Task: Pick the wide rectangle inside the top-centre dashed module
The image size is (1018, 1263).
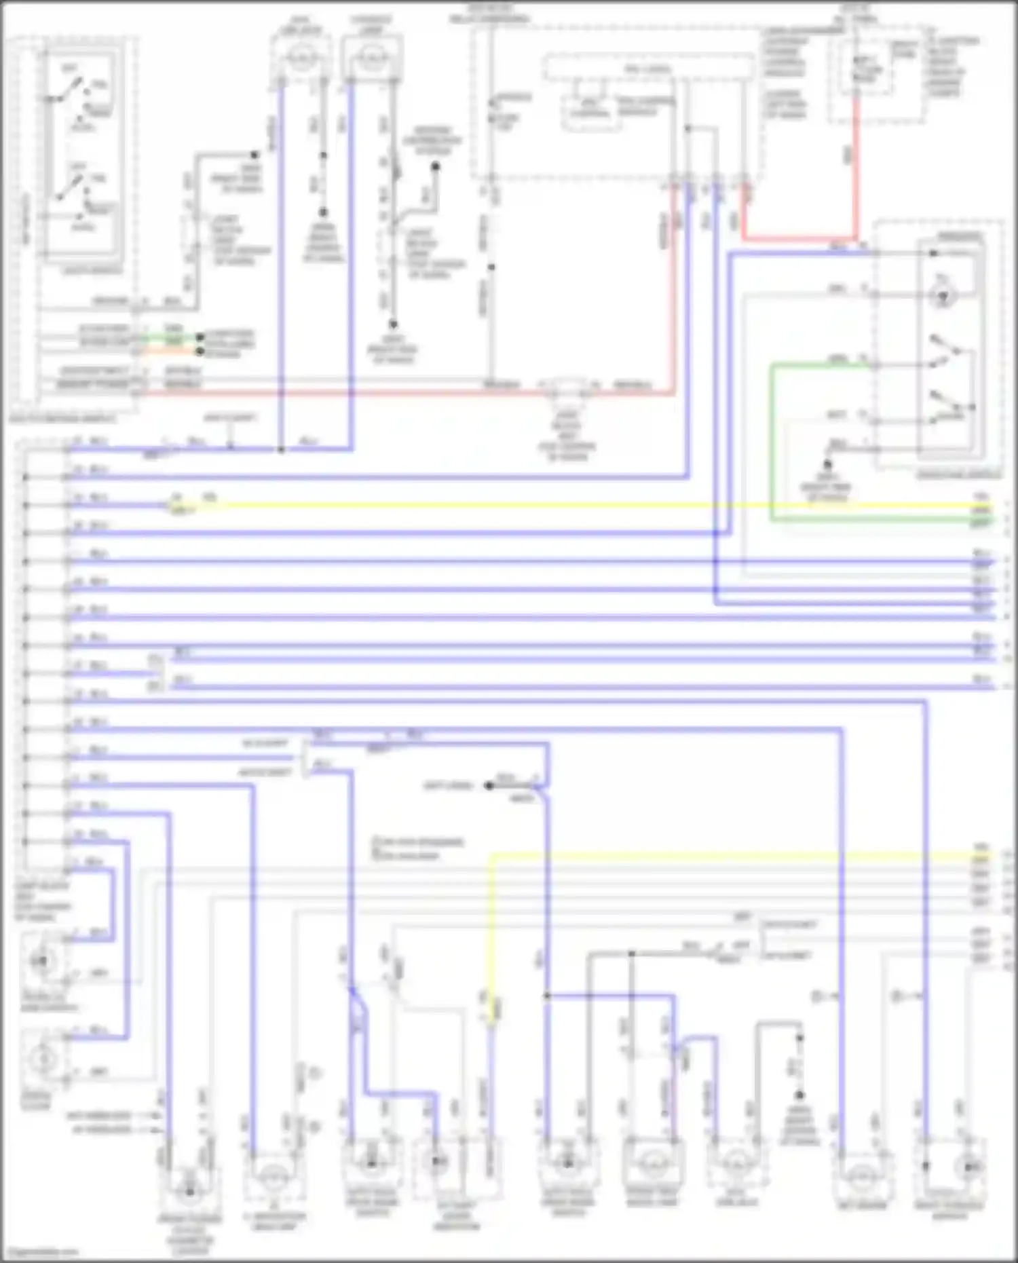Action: coord(648,69)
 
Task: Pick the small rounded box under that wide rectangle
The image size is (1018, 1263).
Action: coord(588,112)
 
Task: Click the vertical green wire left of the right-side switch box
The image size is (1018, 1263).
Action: coord(772,441)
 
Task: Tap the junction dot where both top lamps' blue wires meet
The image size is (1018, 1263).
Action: coord(281,449)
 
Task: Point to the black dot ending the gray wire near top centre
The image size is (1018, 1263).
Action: coord(436,166)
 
